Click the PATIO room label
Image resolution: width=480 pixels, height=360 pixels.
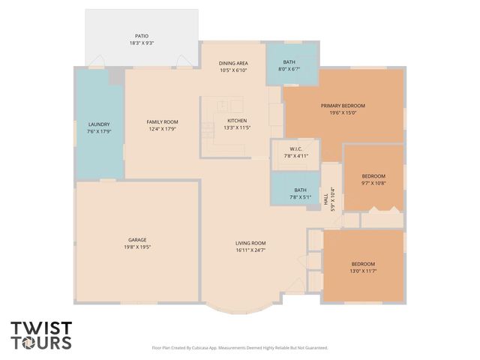pos(142,35)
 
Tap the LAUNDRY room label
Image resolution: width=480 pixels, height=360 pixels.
pos(99,124)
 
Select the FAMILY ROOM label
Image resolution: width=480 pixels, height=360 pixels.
pos(162,121)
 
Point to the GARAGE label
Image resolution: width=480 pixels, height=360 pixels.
pos(136,239)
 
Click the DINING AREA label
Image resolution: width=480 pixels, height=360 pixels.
pos(233,63)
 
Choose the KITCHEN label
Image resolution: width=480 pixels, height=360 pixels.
pos(237,121)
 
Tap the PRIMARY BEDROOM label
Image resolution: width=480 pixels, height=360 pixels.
pos(342,106)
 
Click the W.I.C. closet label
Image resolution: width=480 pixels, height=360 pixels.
pos(295,148)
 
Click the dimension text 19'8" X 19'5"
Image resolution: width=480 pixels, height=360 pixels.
pos(136,247)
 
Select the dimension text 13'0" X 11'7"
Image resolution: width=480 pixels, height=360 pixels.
pos(364,271)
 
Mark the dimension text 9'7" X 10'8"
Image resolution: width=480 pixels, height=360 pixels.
pos(373,182)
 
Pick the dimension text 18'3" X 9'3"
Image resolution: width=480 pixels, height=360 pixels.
pos(142,43)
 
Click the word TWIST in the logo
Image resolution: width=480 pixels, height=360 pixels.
pos(41,328)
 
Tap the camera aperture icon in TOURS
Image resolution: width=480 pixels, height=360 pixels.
pos(28,343)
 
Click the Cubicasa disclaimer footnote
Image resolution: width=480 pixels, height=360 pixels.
pos(240,348)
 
